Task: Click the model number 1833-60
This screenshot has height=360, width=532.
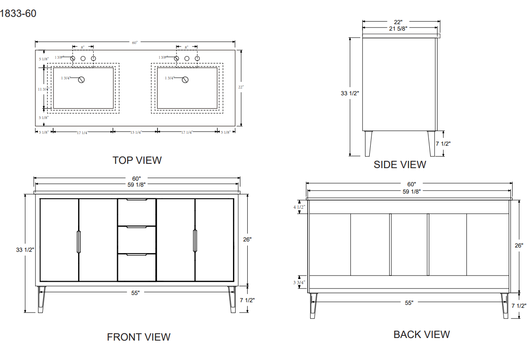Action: pos(18,14)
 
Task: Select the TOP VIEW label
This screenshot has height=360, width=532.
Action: pos(137,160)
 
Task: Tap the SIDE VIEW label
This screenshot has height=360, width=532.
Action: pos(400,165)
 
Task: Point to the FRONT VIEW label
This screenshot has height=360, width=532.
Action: pos(139,337)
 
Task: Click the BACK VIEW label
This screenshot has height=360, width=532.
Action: pos(422,335)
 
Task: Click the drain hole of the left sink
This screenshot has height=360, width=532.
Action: pos(81,79)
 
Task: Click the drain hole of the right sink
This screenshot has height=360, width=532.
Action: pos(186,79)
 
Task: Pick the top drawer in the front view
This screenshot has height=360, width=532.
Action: pos(137,212)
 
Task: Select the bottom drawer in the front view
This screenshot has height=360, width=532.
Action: pos(137,267)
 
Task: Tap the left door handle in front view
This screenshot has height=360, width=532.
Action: pos(79,241)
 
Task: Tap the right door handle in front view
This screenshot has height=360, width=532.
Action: pos(195,241)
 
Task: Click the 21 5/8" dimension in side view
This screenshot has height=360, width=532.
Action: pos(398,28)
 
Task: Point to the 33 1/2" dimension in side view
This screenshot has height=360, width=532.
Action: pos(350,93)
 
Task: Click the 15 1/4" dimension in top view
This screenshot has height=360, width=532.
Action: pos(136,132)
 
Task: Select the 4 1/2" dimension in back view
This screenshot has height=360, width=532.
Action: pos(299,207)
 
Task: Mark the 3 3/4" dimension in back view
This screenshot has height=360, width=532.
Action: pos(299,282)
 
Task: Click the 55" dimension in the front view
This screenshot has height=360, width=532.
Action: pos(135,293)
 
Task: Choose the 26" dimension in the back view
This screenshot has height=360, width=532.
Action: pos(519,245)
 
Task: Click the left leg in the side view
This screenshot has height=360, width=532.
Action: pos(368,143)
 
